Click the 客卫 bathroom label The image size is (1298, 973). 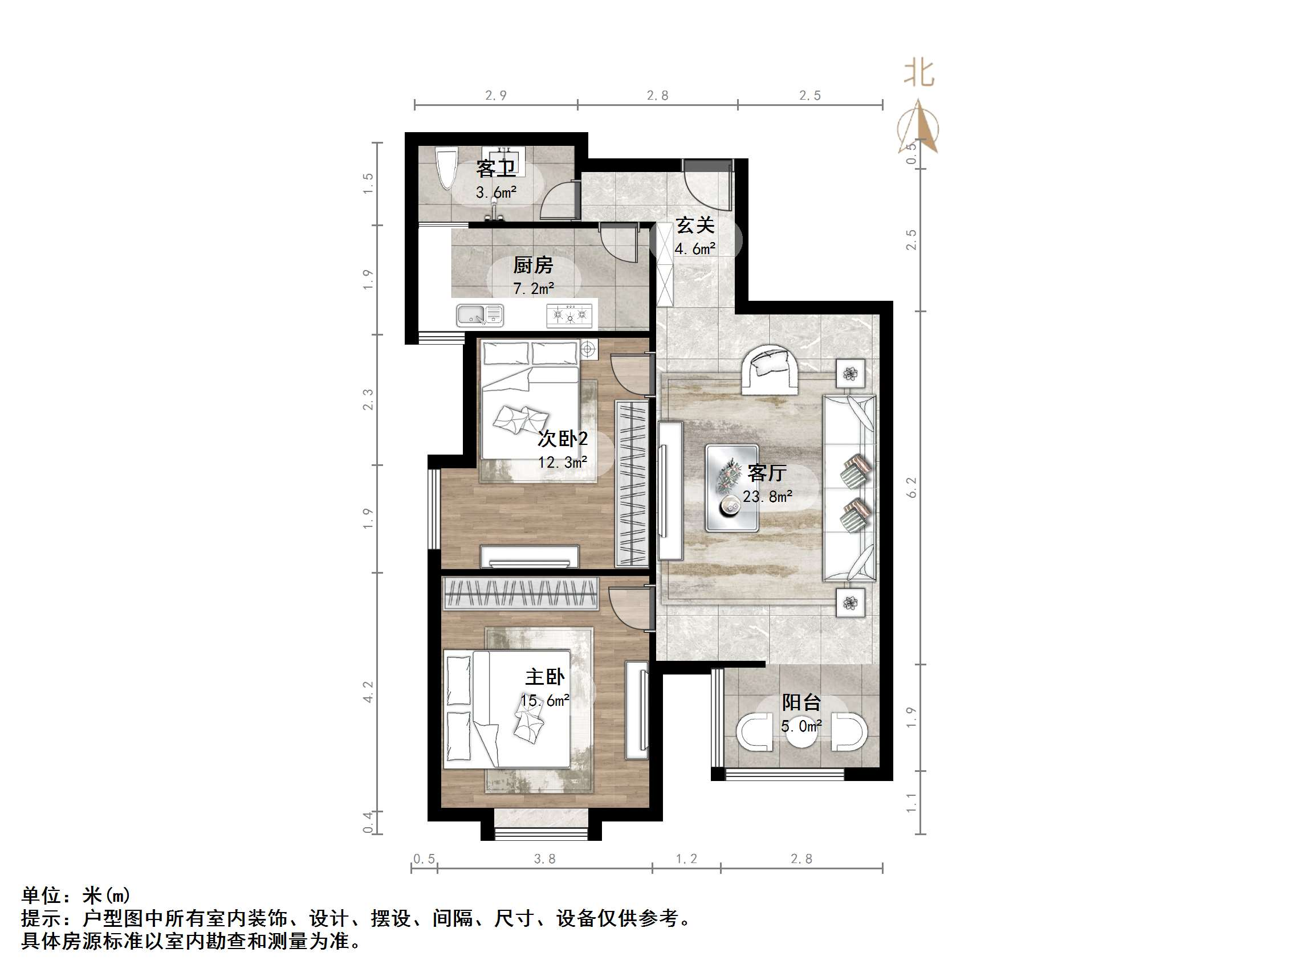coord(496,169)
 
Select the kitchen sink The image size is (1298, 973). coord(479,316)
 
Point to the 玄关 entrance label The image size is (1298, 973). coord(695,225)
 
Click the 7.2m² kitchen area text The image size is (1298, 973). coord(534,289)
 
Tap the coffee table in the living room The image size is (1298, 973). coord(731,488)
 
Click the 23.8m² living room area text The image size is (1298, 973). coord(767,497)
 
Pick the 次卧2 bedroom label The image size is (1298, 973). coord(563,438)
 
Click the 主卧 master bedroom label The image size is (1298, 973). coord(544,677)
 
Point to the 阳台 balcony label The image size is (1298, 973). coord(801,702)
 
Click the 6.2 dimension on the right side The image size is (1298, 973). coord(912,488)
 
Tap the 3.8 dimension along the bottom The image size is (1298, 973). coord(544,859)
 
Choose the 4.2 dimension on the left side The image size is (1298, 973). coord(368,692)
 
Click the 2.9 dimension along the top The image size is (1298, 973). coord(496,96)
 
